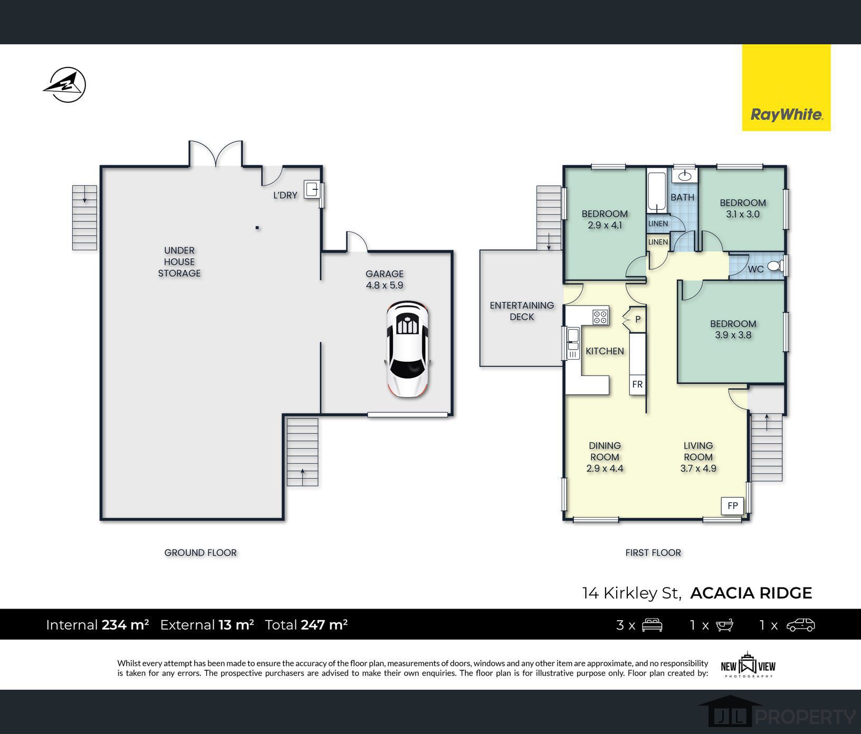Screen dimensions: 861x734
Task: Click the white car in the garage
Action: [408, 349]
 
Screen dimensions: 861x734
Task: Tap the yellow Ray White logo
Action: [786, 88]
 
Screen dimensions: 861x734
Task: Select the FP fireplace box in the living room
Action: [732, 505]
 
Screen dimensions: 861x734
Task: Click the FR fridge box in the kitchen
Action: [637, 384]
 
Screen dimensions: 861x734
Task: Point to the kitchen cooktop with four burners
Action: [600, 316]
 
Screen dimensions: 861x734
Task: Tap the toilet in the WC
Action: [776, 266]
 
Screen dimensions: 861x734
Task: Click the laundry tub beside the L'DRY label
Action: [313, 189]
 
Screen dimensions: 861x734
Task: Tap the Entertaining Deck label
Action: [522, 311]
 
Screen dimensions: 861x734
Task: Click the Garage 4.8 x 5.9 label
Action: [385, 279]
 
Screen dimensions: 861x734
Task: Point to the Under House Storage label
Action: [179, 262]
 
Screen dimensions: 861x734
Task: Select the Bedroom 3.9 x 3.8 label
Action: [733, 329]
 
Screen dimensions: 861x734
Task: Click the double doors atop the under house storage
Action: [216, 153]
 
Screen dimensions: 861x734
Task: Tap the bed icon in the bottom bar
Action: [652, 625]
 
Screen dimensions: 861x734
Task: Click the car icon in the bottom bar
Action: [800, 625]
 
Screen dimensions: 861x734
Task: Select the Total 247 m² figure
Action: [306, 625]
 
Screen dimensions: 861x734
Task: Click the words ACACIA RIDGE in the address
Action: [751, 593]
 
